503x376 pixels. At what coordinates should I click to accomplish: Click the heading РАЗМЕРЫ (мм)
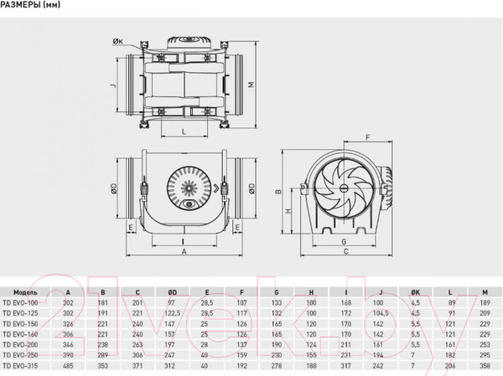pos(36,7)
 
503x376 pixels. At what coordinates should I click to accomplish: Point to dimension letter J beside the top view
pos(111,85)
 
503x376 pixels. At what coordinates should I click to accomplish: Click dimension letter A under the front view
pos(183,250)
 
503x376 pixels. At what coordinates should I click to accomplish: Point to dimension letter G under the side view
pos(344,241)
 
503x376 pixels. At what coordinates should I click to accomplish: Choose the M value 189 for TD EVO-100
pos(484,302)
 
